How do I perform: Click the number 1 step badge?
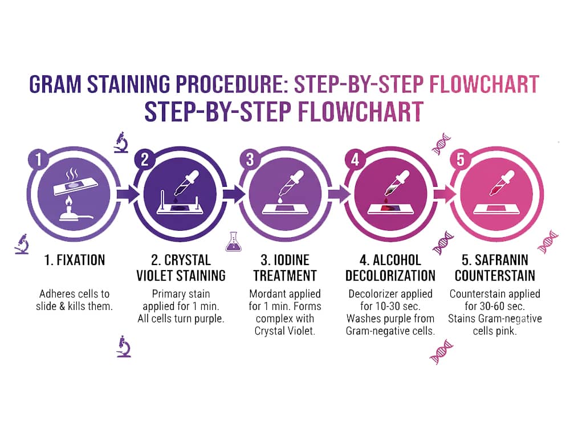(39, 159)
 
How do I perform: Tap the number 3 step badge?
(250, 159)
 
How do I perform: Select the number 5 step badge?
(460, 159)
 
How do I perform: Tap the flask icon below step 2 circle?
(233, 242)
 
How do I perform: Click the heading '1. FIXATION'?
(75, 260)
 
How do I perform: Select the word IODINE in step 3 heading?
(291, 260)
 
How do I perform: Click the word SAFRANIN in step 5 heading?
(501, 260)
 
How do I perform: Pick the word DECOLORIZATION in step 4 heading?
(390, 276)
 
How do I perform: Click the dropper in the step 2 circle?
(186, 184)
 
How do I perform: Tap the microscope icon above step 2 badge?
(121, 142)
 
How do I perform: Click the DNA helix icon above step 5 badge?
(441, 144)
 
